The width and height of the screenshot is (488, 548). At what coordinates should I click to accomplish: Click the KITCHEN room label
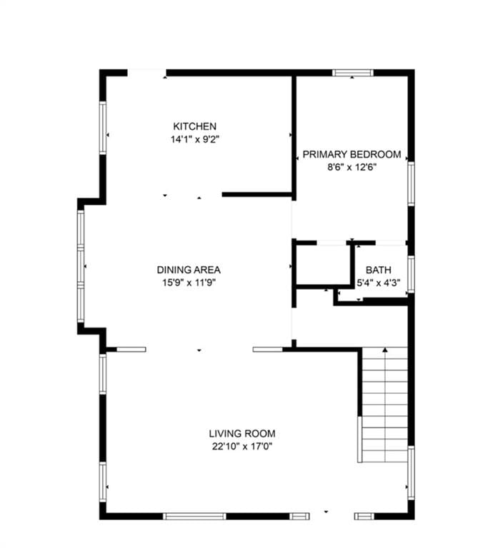pos(194,126)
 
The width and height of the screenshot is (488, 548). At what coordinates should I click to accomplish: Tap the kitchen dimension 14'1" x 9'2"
pos(194,139)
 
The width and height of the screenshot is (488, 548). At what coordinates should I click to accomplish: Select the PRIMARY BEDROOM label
pos(352,154)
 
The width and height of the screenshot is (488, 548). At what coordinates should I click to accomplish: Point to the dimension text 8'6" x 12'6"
pos(352,167)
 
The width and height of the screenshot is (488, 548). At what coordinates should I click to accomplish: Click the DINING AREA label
pos(189,270)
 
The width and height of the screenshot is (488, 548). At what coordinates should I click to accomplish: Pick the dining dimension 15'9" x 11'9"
pos(189,283)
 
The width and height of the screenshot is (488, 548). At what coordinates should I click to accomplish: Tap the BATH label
pos(379,270)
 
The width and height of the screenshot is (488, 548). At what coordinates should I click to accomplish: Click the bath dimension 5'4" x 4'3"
pos(379,283)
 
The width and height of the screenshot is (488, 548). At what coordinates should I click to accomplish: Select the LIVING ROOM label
pos(242,434)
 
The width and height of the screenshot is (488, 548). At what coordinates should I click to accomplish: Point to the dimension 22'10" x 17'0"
pos(242,446)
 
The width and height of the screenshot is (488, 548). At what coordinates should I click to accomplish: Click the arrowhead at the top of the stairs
pos(385,350)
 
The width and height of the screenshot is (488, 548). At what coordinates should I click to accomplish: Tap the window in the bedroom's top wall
pos(352,73)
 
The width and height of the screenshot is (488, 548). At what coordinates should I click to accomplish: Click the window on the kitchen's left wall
pos(103,128)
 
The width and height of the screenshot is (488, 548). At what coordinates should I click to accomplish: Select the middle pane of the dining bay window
pos(81,265)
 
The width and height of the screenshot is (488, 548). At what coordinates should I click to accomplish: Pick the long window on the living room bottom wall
pos(194,516)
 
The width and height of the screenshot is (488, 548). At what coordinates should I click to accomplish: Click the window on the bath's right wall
pos(412,274)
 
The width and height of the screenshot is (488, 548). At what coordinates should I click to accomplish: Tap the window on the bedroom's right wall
pos(412,183)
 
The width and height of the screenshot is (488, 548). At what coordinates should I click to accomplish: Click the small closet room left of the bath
pos(323,265)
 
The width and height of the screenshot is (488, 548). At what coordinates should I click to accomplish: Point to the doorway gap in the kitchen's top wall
pos(146,73)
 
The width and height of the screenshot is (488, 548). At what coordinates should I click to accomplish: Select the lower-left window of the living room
pos(103,482)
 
